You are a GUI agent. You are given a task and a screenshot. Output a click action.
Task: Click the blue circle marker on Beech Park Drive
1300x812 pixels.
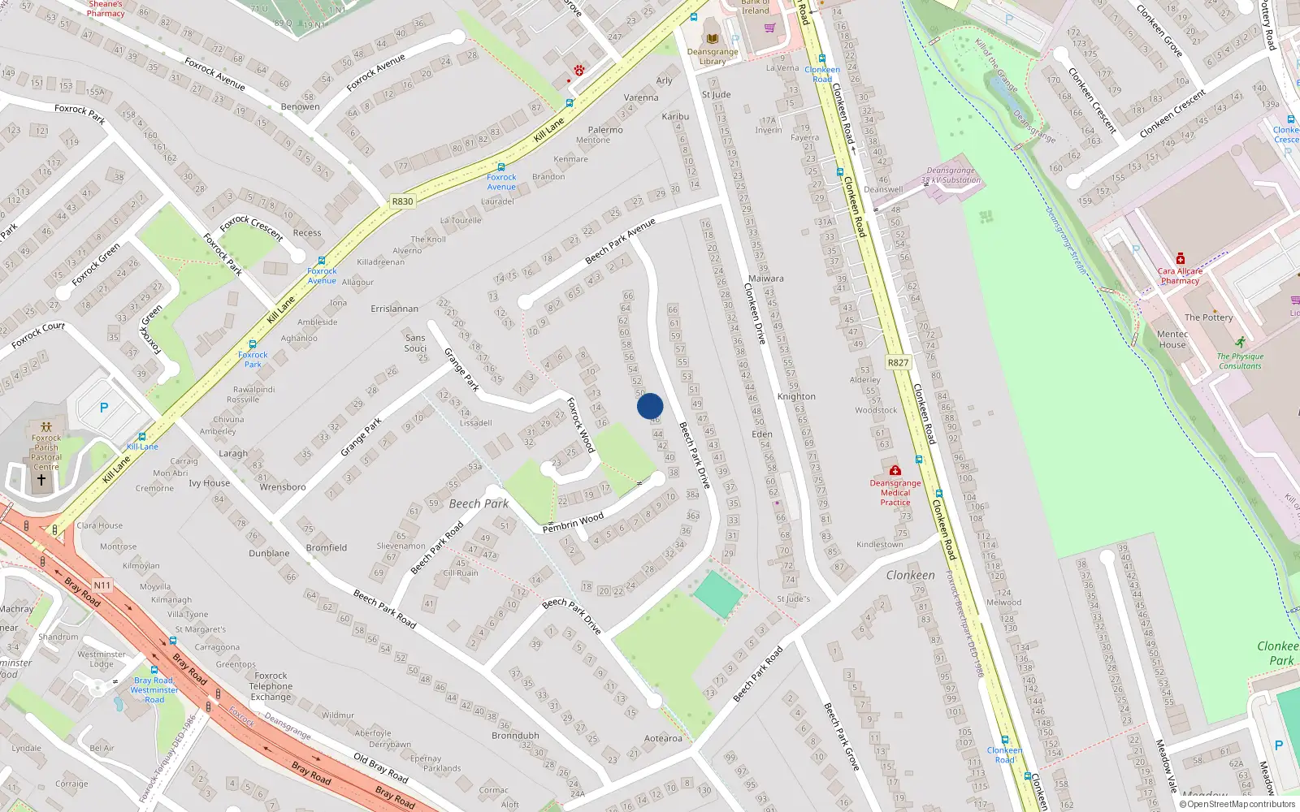pyautogui.click(x=650, y=406)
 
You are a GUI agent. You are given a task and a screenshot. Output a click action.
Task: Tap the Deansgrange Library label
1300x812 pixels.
pyautogui.click(x=713, y=56)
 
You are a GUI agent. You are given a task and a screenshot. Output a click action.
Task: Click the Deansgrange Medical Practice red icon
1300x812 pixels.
pyautogui.click(x=895, y=470)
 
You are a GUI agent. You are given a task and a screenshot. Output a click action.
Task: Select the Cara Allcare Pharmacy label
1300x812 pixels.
pyautogui.click(x=1180, y=276)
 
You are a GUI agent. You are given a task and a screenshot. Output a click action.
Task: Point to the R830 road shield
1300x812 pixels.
pyautogui.click(x=402, y=201)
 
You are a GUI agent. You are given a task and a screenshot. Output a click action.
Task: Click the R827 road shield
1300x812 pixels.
pyautogui.click(x=898, y=362)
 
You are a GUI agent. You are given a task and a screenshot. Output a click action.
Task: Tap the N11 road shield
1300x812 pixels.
pyautogui.click(x=102, y=585)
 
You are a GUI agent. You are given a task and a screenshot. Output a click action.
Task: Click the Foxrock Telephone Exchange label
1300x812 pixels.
pyautogui.click(x=271, y=686)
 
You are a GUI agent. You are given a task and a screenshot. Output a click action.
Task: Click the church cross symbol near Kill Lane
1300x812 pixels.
pyautogui.click(x=41, y=480)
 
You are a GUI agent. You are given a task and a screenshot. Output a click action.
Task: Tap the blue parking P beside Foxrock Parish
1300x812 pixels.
pyautogui.click(x=104, y=408)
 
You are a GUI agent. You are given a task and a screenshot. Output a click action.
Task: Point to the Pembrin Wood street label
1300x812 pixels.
pyautogui.click(x=573, y=522)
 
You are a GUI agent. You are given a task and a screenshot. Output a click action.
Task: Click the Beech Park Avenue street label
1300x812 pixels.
pyautogui.click(x=620, y=241)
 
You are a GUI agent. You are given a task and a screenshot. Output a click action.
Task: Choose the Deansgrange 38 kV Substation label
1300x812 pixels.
pyautogui.click(x=951, y=175)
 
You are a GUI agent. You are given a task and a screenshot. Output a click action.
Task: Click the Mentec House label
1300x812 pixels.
pyautogui.click(x=1172, y=339)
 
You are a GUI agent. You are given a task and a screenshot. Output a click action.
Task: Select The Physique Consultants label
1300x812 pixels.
pyautogui.click(x=1240, y=361)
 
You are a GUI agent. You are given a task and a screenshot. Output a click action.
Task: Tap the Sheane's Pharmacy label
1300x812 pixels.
pyautogui.click(x=106, y=9)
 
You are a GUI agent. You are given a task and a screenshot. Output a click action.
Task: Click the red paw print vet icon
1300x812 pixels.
pyautogui.click(x=579, y=71)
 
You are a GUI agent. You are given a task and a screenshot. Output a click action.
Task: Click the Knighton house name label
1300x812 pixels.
pyautogui.click(x=796, y=396)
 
